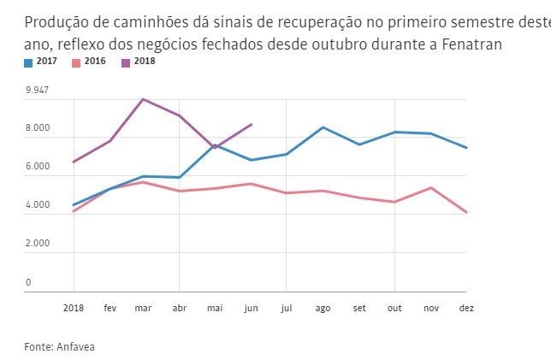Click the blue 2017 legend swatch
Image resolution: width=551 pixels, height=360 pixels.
tap(28, 62)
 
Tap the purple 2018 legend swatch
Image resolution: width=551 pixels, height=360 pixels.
tap(127, 62)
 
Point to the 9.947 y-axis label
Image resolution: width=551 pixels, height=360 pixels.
tap(37, 90)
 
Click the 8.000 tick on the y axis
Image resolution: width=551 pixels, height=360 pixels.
tap(38, 128)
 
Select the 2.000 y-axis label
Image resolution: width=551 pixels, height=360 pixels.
tap(38, 244)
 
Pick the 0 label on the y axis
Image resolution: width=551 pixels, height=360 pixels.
tap(28, 282)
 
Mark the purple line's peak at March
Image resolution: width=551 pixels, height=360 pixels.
tap(143, 99)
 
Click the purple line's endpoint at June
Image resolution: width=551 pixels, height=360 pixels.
tap(251, 124)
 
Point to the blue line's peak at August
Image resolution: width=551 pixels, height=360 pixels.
tap(323, 127)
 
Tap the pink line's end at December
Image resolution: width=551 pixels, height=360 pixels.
tap(466, 212)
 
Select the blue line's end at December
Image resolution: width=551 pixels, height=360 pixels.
tap(466, 148)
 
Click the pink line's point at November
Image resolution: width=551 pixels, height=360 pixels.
tap(430, 187)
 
